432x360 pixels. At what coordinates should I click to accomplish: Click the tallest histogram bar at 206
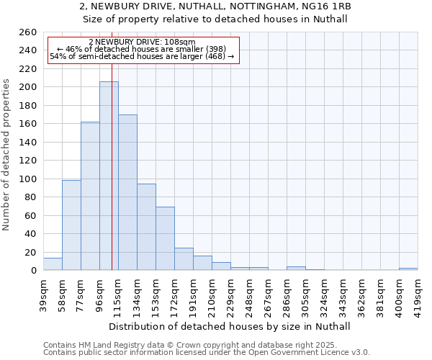109,176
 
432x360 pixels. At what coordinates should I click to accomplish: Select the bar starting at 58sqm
71,225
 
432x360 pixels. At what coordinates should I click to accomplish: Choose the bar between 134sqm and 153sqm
146,227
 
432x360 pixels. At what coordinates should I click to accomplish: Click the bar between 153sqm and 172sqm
165,238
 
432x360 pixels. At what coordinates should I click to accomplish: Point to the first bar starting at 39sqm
53,264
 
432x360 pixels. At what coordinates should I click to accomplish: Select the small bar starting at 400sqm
408,269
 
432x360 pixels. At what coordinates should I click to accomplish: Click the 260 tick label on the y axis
27,32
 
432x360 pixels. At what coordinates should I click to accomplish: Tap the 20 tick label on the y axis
30,252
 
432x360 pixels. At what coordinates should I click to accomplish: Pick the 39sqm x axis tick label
44,292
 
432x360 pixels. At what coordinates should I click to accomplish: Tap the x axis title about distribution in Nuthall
230,326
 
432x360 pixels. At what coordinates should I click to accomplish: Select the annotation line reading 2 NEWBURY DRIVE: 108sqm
142,42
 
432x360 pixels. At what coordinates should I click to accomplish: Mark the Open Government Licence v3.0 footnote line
207,352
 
